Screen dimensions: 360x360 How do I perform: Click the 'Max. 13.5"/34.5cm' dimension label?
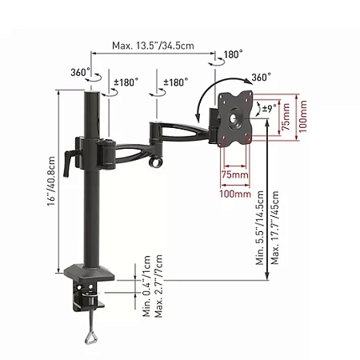[154, 47]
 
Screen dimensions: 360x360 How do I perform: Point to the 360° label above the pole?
[78, 71]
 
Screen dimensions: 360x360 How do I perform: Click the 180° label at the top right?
[232, 54]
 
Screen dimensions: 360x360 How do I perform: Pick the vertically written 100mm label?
[303, 117]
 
